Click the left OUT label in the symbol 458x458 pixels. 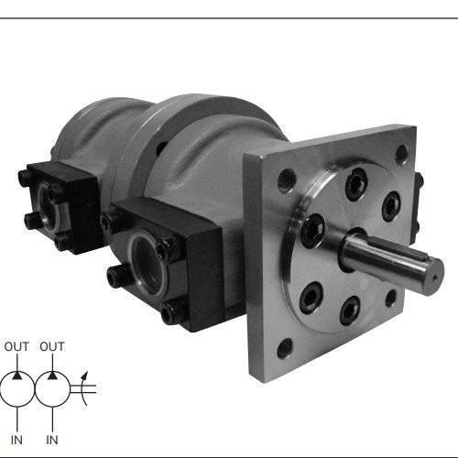point(16,346)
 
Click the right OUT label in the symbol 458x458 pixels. point(52,346)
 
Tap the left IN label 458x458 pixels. point(16,440)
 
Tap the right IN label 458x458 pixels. point(52,440)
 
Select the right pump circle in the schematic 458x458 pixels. point(52,372)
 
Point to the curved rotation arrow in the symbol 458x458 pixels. point(82,389)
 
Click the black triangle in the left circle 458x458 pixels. point(17,376)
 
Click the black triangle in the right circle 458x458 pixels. point(53,376)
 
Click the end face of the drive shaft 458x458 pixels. point(434,278)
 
